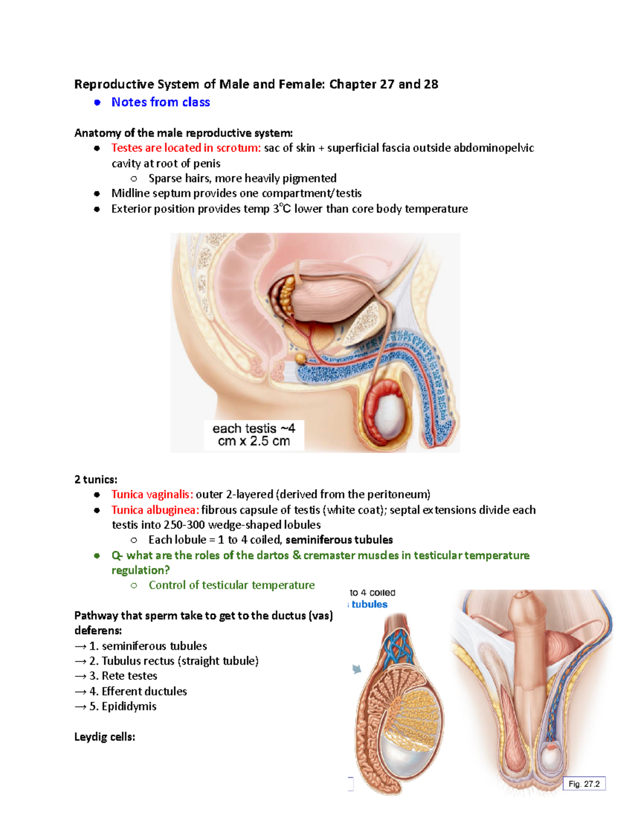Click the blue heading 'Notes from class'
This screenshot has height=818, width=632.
(x=160, y=102)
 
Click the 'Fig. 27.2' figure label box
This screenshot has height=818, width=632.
(x=584, y=784)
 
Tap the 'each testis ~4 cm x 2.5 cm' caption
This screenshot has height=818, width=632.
(x=254, y=435)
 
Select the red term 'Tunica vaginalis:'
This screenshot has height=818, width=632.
(x=152, y=494)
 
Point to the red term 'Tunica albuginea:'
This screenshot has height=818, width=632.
(x=155, y=510)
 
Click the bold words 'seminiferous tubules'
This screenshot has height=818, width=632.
(x=339, y=540)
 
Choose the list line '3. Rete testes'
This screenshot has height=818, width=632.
(x=116, y=676)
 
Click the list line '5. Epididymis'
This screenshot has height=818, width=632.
(x=115, y=706)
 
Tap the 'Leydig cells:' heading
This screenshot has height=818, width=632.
(x=105, y=737)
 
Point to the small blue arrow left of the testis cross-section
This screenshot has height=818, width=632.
(x=357, y=669)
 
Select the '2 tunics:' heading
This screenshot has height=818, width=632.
(x=96, y=479)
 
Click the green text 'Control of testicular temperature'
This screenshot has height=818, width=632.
(x=232, y=585)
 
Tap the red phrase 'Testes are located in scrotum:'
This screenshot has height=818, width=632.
(x=186, y=148)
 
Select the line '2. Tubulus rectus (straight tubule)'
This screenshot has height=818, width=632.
(x=167, y=661)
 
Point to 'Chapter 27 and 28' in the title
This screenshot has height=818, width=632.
(x=383, y=84)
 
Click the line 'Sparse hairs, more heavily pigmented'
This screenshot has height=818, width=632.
(x=242, y=178)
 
